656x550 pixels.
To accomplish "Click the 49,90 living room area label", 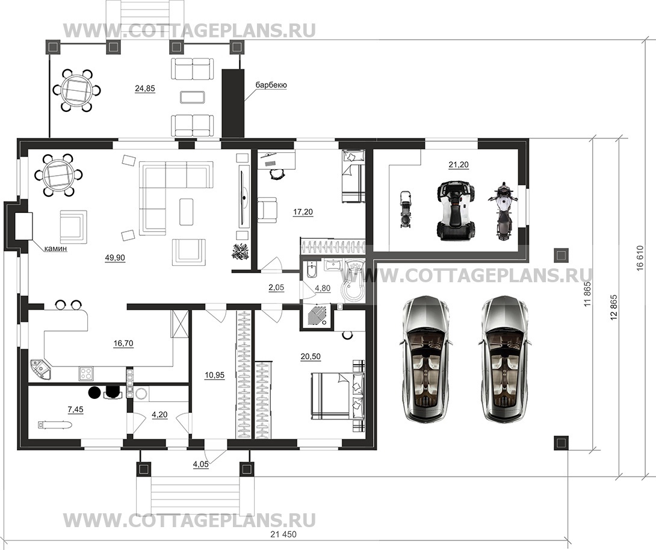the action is pyautogui.click(x=115, y=258).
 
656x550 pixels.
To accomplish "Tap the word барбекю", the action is pyautogui.click(x=271, y=85).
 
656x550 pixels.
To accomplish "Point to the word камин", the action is pyautogui.click(x=56, y=249).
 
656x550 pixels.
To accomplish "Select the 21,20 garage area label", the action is pyautogui.click(x=459, y=165).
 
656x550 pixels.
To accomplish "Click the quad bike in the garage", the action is pyautogui.click(x=456, y=211).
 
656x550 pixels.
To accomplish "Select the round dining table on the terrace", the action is pyautogui.click(x=76, y=90).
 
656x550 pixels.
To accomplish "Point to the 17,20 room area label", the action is pyautogui.click(x=303, y=212).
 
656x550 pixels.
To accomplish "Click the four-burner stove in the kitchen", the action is pyautogui.click(x=87, y=374).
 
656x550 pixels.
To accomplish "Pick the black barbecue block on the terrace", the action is pyautogui.click(x=233, y=103).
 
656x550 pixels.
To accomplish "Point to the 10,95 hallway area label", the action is pyautogui.click(x=215, y=375).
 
